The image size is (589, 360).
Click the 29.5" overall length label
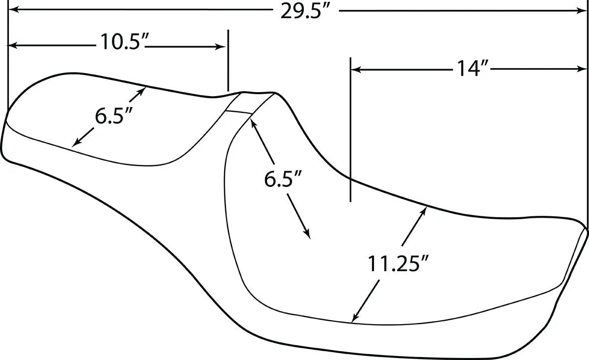click(305, 12)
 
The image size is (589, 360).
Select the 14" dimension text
click(473, 69)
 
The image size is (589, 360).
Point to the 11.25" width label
click(398, 264)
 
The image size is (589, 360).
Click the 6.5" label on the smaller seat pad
click(113, 116)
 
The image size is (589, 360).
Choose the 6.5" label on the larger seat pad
click(282, 179)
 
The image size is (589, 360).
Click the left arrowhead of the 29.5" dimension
click(13, 10)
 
